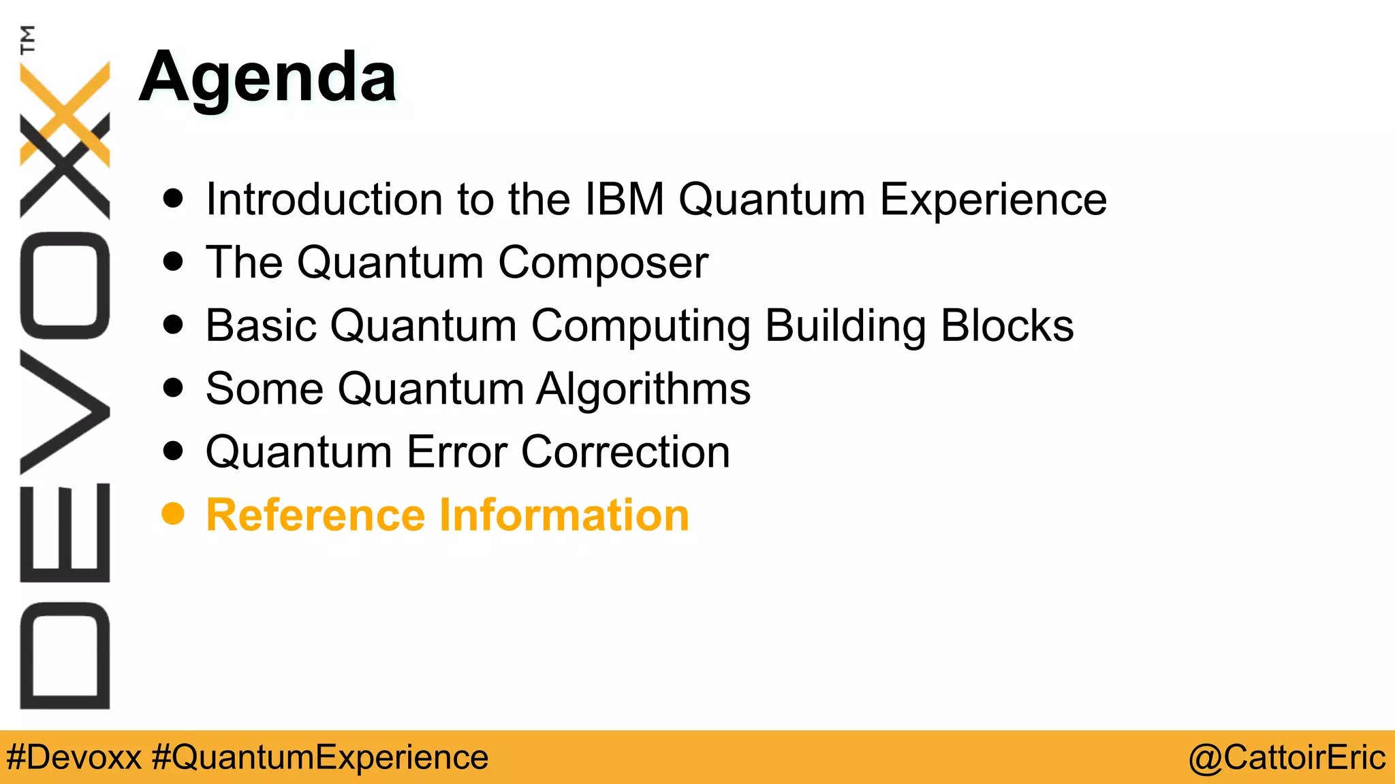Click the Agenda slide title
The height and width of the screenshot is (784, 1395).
pos(267,78)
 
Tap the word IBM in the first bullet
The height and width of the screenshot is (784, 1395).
pos(625,199)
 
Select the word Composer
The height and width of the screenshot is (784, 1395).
pos(603,263)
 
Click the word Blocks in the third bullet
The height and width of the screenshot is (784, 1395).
pos(1007,326)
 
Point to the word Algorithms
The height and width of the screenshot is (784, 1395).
pos(643,389)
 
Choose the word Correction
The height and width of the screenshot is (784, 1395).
pos(625,452)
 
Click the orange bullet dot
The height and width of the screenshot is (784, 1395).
pos(173,514)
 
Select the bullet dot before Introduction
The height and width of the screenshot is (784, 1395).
pos(173,198)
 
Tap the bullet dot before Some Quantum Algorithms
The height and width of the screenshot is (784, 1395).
pos(173,388)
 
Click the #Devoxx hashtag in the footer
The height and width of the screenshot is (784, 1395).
pos(74,757)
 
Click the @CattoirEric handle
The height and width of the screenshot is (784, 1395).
pos(1287,757)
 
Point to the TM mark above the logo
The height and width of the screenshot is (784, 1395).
pos(28,39)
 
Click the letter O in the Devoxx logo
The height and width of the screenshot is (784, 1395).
pos(65,286)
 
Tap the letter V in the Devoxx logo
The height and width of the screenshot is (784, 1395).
pos(65,412)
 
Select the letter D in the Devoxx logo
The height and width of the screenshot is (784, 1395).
pos(65,655)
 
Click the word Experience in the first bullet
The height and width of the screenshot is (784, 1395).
pos(992,199)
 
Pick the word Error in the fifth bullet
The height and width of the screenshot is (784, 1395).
pos(457,452)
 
